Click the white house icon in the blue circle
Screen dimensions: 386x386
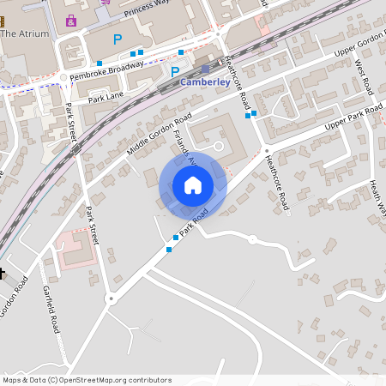coord(193,184)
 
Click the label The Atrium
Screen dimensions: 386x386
coord(26,33)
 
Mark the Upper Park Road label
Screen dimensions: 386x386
coord(353,119)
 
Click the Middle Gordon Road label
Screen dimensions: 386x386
coord(159,136)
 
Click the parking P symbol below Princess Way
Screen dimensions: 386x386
coord(118,39)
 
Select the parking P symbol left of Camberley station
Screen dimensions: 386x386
coord(175,73)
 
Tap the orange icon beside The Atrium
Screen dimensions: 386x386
coord(4,21)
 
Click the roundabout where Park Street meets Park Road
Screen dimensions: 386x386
coord(111,299)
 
